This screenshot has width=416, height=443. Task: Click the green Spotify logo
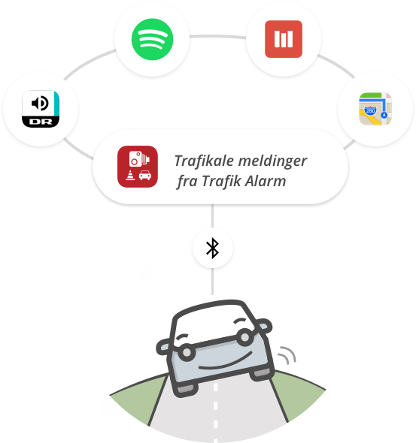click(x=152, y=39)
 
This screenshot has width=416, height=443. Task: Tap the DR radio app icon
click(x=41, y=109)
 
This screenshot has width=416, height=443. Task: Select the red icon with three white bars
click(x=284, y=39)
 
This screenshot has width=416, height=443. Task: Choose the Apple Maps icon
click(x=375, y=109)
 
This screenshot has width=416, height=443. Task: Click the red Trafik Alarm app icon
click(x=138, y=167)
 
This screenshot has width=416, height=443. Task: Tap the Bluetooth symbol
click(x=213, y=248)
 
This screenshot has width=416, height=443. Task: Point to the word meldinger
click(x=273, y=161)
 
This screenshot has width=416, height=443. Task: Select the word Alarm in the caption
click(x=265, y=181)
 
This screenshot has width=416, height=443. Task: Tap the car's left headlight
click(x=187, y=352)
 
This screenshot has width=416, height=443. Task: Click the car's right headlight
click(x=245, y=337)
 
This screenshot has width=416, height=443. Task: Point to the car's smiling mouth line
click(x=226, y=363)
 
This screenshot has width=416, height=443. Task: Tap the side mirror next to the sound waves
click(x=263, y=326)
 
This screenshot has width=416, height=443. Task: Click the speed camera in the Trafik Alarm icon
click(x=139, y=158)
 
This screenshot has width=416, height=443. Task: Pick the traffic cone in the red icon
click(x=130, y=175)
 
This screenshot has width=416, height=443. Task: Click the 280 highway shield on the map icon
click(x=370, y=110)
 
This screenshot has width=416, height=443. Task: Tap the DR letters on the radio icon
click(x=41, y=122)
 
